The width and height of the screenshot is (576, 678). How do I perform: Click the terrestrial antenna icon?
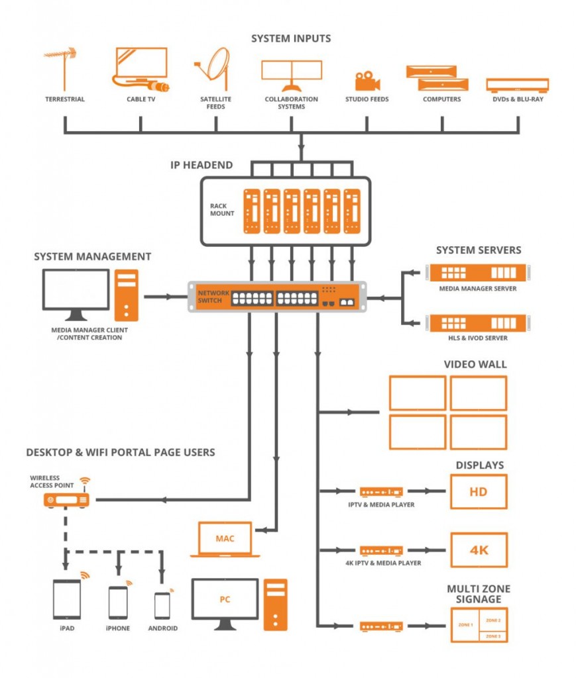coord(64,69)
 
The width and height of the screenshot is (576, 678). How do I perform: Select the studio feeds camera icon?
coord(367,81)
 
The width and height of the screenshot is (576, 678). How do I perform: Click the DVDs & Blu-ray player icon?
coord(517,85)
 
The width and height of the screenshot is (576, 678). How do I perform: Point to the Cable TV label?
coord(141,99)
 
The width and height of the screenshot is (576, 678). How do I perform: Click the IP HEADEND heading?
coord(202,165)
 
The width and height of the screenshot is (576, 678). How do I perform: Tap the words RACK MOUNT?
coord(223,210)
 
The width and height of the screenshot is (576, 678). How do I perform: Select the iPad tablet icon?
coord(66,599)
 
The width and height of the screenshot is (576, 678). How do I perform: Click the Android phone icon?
coord(162,605)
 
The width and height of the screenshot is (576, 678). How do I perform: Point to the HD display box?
coord(478,492)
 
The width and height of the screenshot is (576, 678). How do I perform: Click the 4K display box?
coord(478,550)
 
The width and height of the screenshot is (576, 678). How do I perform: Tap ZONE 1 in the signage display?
coord(465,624)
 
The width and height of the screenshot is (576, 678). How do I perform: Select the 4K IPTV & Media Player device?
coord(381,550)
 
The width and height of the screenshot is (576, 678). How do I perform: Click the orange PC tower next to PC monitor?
coord(275,604)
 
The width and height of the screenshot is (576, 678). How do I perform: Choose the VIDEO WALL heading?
coord(475,364)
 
